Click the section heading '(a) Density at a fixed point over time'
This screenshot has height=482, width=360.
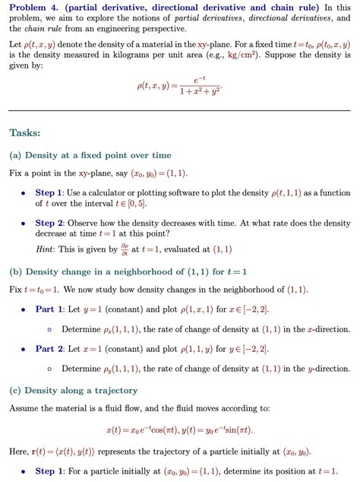[90, 155]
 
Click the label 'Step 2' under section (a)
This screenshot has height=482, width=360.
[51, 224]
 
